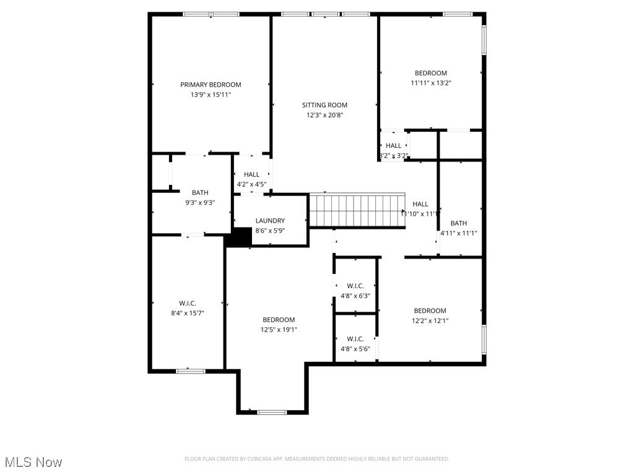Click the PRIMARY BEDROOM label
[211, 85]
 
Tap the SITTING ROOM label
[324, 105]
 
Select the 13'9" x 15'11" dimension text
[211, 95]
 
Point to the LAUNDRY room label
[270, 221]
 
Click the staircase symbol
[356, 211]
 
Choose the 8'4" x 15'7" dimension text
[187, 314]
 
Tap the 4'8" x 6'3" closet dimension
[355, 296]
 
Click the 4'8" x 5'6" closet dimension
[355, 349]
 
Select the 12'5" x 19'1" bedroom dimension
[279, 330]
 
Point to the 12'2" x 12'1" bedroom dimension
[430, 320]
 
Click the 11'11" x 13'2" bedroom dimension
[430, 83]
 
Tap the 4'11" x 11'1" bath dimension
[459, 233]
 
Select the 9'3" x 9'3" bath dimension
[200, 202]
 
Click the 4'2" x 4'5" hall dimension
[251, 184]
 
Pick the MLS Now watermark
[33, 462]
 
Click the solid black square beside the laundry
[238, 237]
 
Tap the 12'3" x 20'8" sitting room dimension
[324, 115]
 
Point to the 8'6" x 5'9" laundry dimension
[270, 231]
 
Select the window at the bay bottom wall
[272, 412]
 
